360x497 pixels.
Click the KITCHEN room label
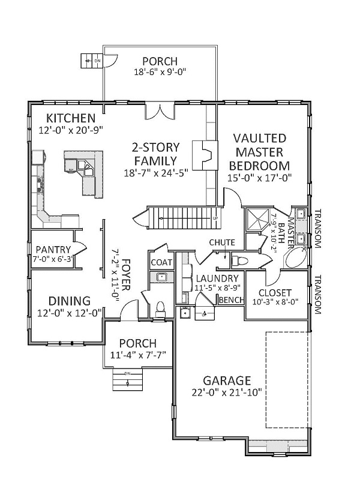pos(71,118)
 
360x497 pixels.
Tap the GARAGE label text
pos(227,381)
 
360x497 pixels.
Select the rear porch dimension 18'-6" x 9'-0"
pos(160,72)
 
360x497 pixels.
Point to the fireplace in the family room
pos(205,155)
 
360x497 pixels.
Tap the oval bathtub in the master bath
pos(296,258)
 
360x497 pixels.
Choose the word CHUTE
pos(222,242)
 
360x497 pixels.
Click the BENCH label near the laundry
pos(232,300)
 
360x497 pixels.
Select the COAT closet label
pos(161,262)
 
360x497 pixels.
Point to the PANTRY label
pos(53,250)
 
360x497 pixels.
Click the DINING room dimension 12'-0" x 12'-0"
pos(70,313)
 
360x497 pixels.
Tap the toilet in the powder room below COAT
pos(161,309)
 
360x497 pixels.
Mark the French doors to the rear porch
pos(160,110)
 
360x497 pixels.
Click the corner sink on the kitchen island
pos(86,167)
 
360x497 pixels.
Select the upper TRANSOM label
pos(318,229)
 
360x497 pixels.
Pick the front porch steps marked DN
pos(127,379)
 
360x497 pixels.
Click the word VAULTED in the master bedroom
pos(260,138)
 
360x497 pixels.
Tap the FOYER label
pos(126,275)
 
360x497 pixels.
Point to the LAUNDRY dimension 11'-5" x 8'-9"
pos(217,288)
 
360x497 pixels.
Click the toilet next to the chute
pos(239,261)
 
